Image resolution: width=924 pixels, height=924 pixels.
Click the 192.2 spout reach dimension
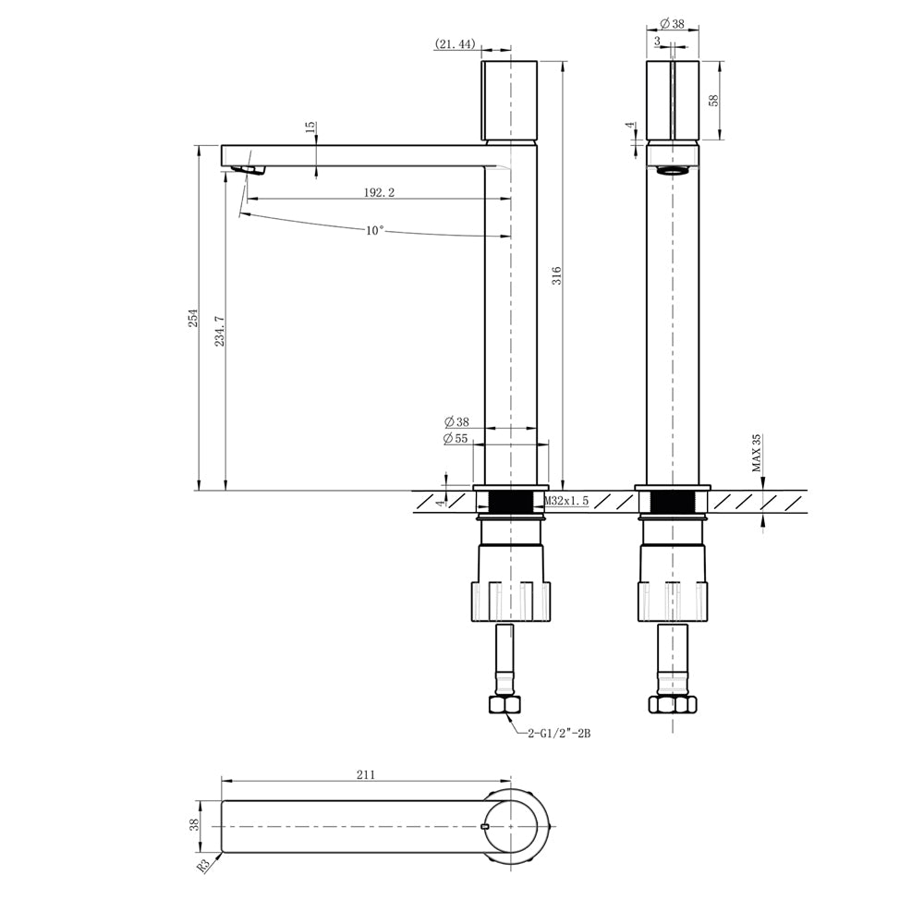(x=379, y=192)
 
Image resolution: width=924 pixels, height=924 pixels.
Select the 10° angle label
(x=375, y=230)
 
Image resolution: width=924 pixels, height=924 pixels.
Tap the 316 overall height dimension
(x=556, y=275)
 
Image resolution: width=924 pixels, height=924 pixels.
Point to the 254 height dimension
(x=193, y=318)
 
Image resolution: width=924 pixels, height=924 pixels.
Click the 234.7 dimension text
(x=220, y=331)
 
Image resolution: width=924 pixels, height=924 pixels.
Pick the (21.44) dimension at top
(x=455, y=43)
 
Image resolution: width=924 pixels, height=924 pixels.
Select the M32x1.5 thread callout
(x=565, y=501)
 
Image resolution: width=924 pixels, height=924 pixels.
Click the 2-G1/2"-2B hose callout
(x=559, y=733)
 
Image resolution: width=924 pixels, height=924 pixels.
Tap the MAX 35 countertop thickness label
(x=757, y=453)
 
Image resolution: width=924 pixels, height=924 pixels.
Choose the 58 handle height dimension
(x=715, y=100)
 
